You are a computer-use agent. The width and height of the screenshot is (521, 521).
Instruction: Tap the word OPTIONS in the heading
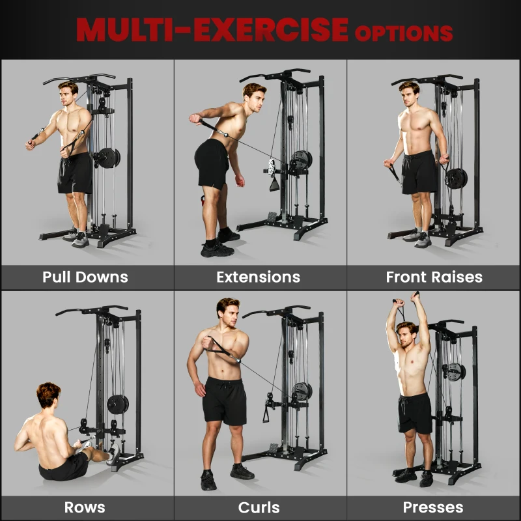tap(402, 32)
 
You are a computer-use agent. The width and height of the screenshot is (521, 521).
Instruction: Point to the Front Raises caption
tap(434, 277)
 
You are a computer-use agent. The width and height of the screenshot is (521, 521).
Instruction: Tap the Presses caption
tap(433, 507)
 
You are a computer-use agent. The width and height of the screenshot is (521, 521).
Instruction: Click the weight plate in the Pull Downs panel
tap(106, 158)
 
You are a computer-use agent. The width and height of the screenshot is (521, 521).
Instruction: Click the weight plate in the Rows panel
tap(118, 404)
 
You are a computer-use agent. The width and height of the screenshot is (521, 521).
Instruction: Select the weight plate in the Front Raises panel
tap(455, 178)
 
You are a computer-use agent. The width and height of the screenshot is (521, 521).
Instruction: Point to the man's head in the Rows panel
tap(48, 396)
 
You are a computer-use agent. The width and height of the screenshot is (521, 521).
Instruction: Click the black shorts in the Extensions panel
tap(212, 163)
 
